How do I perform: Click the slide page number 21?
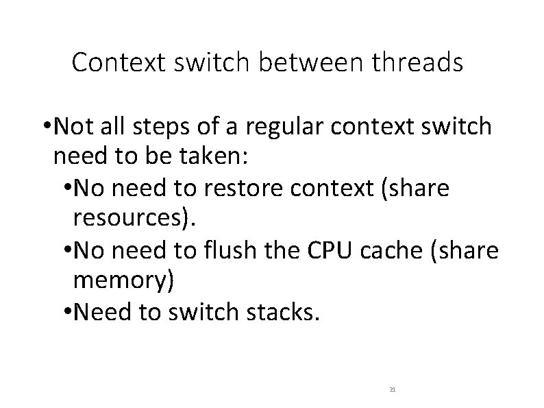click(x=392, y=389)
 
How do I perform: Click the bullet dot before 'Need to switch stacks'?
click(x=66, y=314)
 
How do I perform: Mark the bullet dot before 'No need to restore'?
click(x=66, y=189)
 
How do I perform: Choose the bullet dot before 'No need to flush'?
click(x=66, y=252)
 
